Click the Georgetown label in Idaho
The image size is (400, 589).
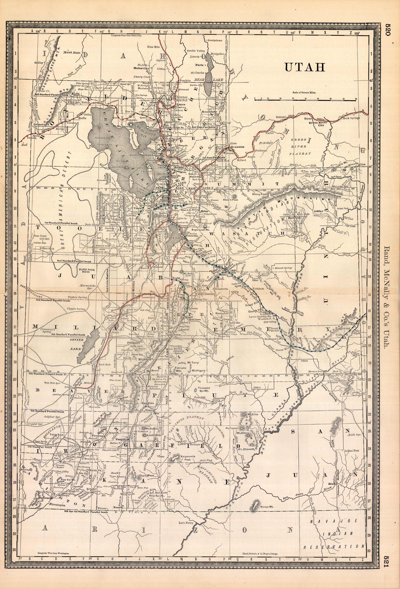click(215, 41)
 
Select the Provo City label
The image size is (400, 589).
click(192, 236)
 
